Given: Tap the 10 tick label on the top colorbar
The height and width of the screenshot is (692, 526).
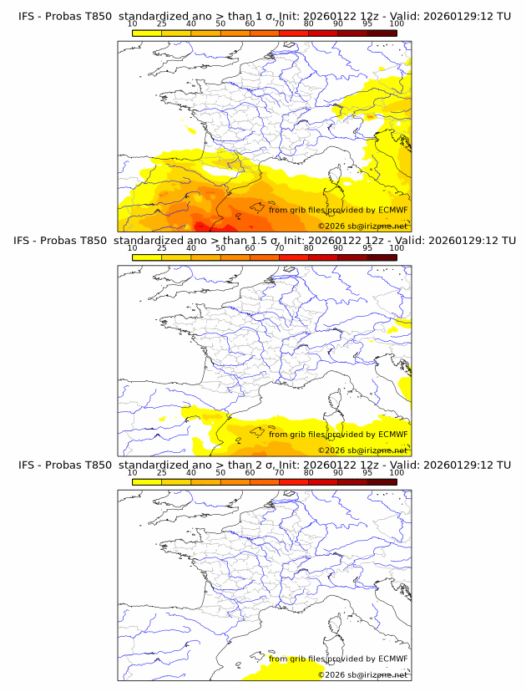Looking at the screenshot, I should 132,24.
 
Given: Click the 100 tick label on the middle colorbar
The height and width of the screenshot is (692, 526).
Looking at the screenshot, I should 397,248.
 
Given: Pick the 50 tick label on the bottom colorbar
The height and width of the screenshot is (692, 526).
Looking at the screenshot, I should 220,472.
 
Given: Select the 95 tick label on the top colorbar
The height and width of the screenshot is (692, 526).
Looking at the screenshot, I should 367,24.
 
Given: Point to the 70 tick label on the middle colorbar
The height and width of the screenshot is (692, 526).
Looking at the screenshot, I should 279,248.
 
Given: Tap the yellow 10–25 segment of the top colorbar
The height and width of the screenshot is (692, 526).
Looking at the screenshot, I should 147,33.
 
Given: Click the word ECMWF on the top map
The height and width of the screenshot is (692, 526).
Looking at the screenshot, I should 392,210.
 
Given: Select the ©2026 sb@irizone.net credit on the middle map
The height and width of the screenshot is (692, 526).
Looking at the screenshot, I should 362,450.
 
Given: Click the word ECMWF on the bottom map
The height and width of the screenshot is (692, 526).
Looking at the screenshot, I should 392,658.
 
